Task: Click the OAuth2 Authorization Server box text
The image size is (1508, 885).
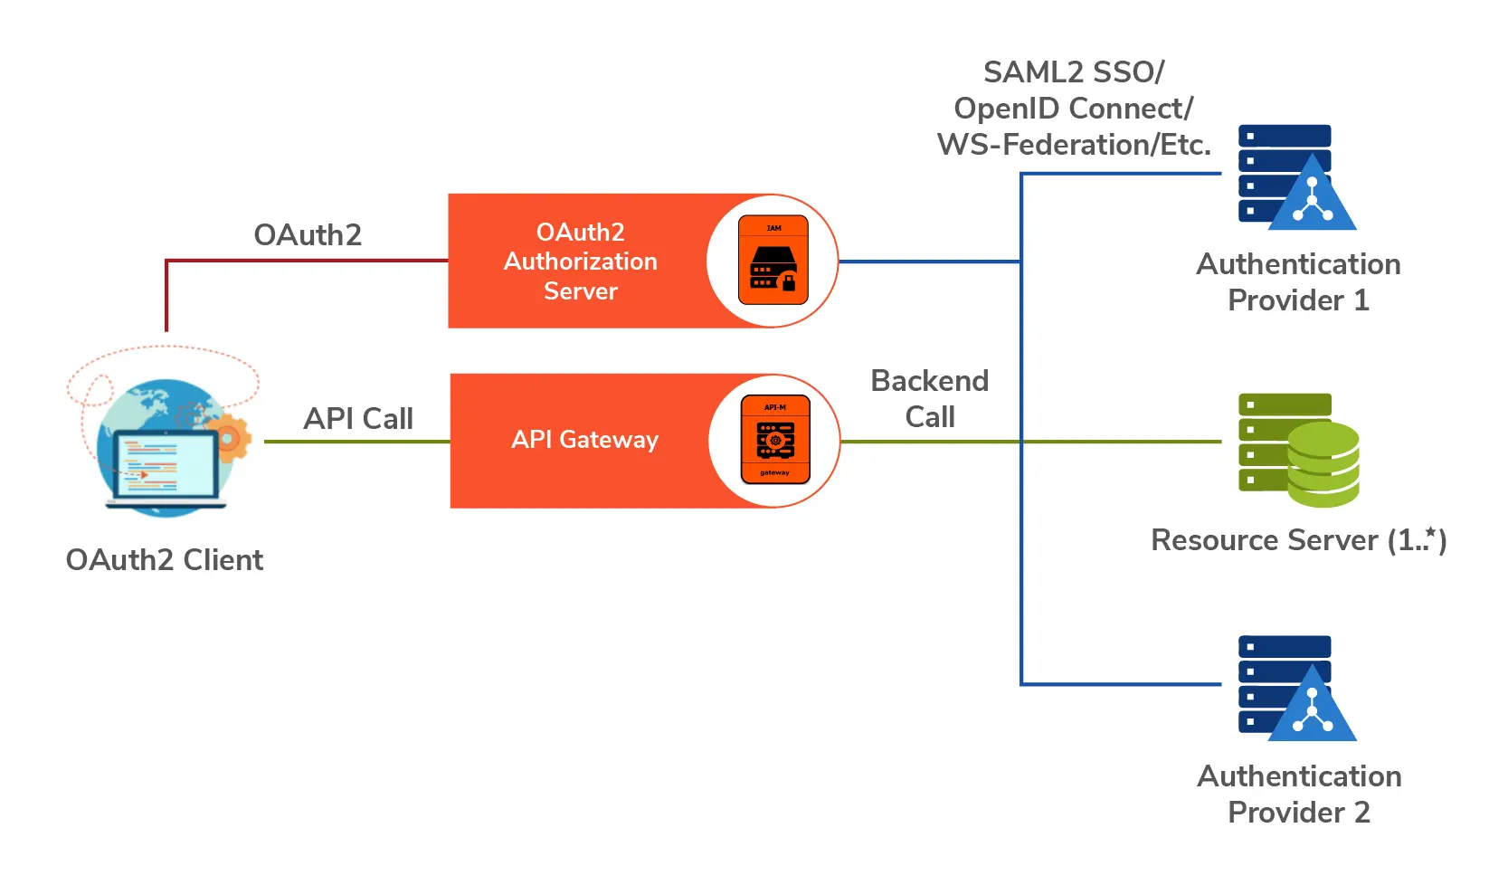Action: [x=580, y=262]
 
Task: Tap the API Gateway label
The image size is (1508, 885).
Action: [x=584, y=440]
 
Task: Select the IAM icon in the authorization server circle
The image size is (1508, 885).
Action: [x=773, y=260]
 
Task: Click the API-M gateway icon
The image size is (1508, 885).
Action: [x=775, y=440]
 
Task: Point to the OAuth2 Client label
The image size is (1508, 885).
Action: [x=165, y=560]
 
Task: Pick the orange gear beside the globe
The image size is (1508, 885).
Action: [x=227, y=438]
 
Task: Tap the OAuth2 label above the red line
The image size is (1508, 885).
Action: [x=308, y=235]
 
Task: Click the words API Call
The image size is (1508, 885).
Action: [x=358, y=419]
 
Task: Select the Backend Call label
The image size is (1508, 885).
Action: [x=929, y=399]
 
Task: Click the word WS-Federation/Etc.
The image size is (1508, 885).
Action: [x=1074, y=145]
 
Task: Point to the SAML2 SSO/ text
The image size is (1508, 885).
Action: [x=1074, y=72]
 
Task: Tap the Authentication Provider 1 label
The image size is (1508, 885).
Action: [x=1298, y=282]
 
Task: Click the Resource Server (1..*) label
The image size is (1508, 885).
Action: [x=1298, y=540]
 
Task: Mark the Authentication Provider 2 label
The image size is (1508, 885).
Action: [x=1299, y=795]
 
